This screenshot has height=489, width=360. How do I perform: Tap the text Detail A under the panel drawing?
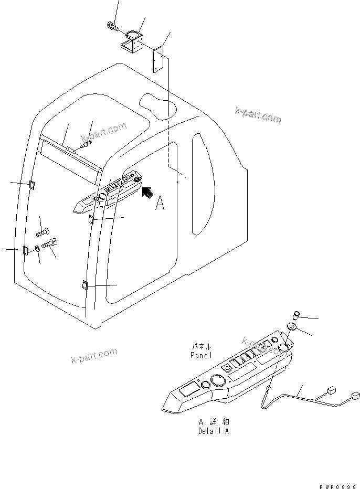tap(213, 431)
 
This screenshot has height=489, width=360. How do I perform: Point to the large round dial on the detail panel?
tap(216, 380)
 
